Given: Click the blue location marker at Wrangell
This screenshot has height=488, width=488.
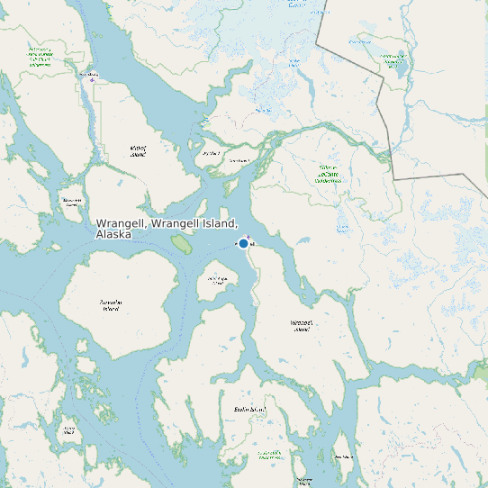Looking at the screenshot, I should click(x=243, y=243).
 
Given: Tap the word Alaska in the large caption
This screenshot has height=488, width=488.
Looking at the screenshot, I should click(x=113, y=234).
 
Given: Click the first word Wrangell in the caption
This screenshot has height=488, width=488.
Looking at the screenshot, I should click(x=122, y=222).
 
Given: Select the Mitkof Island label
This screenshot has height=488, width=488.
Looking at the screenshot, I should click(x=138, y=150).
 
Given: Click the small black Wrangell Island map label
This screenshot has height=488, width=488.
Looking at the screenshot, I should click(x=302, y=325).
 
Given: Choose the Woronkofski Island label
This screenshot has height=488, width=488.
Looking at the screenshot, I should click(x=218, y=281).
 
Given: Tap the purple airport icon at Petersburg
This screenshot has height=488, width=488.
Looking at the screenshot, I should click(x=91, y=79).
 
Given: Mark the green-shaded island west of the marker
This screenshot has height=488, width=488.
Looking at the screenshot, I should click(x=182, y=244).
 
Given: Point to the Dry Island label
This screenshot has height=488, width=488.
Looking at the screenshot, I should click(x=211, y=154).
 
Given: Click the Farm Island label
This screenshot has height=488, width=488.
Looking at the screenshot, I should click(x=239, y=161).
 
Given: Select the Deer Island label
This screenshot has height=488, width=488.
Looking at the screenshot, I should click(x=343, y=457).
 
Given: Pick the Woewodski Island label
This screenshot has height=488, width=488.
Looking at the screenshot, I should click(x=71, y=203).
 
